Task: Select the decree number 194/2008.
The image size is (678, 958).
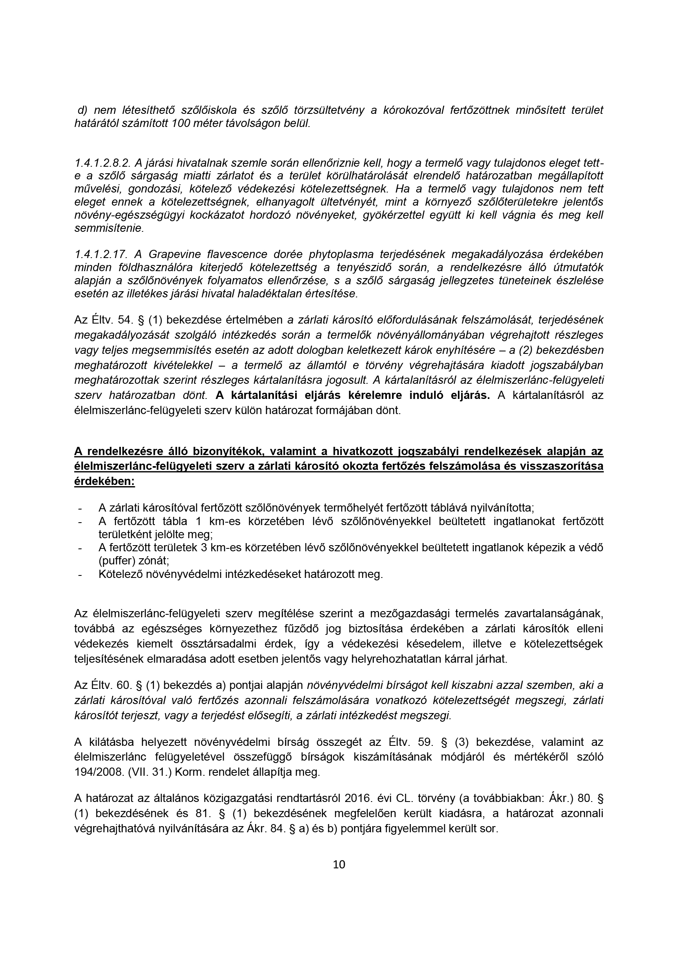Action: [96, 784]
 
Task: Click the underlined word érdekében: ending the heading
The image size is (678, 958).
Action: [105, 481]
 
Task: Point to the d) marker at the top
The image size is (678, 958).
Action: [82, 110]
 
